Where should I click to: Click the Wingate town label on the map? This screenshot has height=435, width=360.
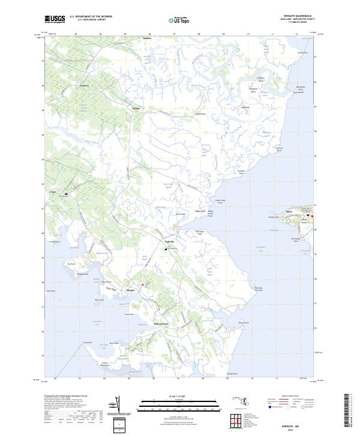[130, 290]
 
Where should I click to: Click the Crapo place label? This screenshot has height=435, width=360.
[53, 193]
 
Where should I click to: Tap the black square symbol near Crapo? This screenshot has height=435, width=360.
[67, 194]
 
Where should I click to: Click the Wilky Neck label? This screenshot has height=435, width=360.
[200, 113]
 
